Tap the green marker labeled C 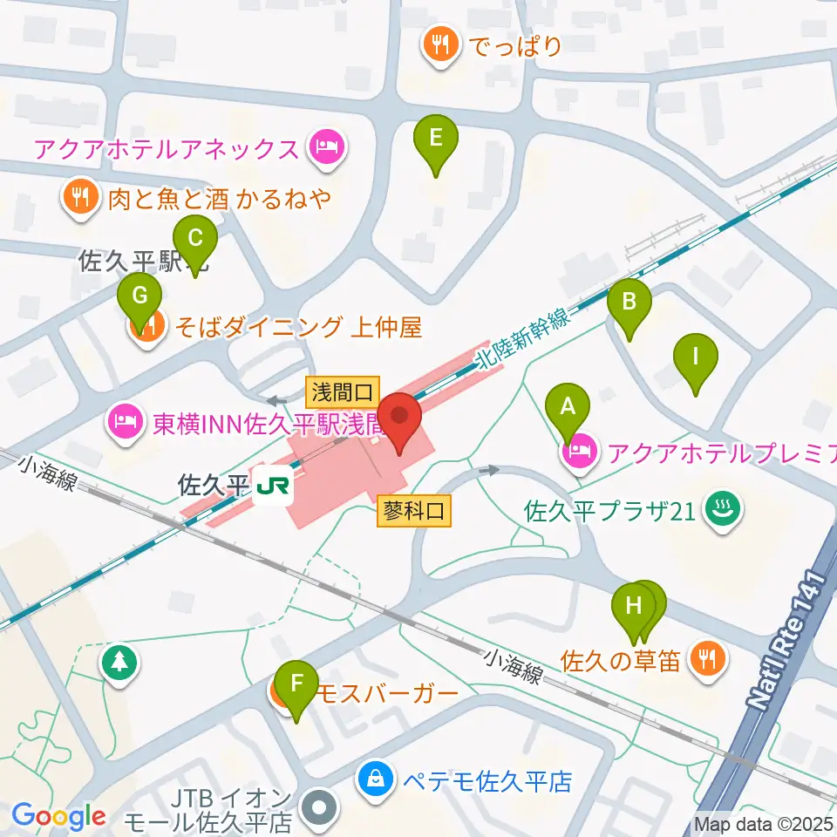195,239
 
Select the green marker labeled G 139,296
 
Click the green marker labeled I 695,357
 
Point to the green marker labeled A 568,407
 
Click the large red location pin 400,417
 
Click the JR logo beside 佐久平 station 273,484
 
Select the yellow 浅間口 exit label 343,391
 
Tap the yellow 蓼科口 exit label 414,511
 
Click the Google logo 58,817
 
